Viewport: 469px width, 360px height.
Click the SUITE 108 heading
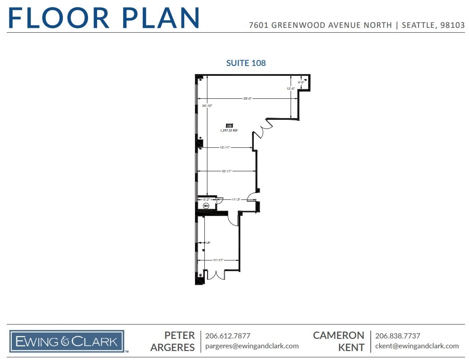[x=246, y=63]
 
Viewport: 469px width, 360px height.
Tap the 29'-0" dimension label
[x=248, y=98]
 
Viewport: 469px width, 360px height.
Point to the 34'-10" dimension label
[x=207, y=106]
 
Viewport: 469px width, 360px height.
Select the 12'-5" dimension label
[x=291, y=88]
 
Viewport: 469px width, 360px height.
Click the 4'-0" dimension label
[x=301, y=83]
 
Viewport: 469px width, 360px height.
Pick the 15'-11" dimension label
[x=225, y=147]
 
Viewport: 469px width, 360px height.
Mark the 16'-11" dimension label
[x=226, y=171]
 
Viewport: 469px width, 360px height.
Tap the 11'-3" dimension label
[x=236, y=199]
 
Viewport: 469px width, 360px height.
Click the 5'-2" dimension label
[x=207, y=199]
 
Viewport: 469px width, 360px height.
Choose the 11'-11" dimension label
[x=218, y=260]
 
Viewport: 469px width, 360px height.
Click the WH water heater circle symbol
[x=206, y=206]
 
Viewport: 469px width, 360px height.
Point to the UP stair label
[x=208, y=243]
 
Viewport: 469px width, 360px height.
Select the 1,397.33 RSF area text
[x=229, y=131]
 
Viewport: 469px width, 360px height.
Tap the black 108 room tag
[x=229, y=126]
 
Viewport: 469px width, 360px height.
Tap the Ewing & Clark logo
[x=67, y=342]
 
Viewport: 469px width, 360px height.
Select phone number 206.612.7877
[x=228, y=336]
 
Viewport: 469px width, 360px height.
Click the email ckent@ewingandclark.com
[x=417, y=346]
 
